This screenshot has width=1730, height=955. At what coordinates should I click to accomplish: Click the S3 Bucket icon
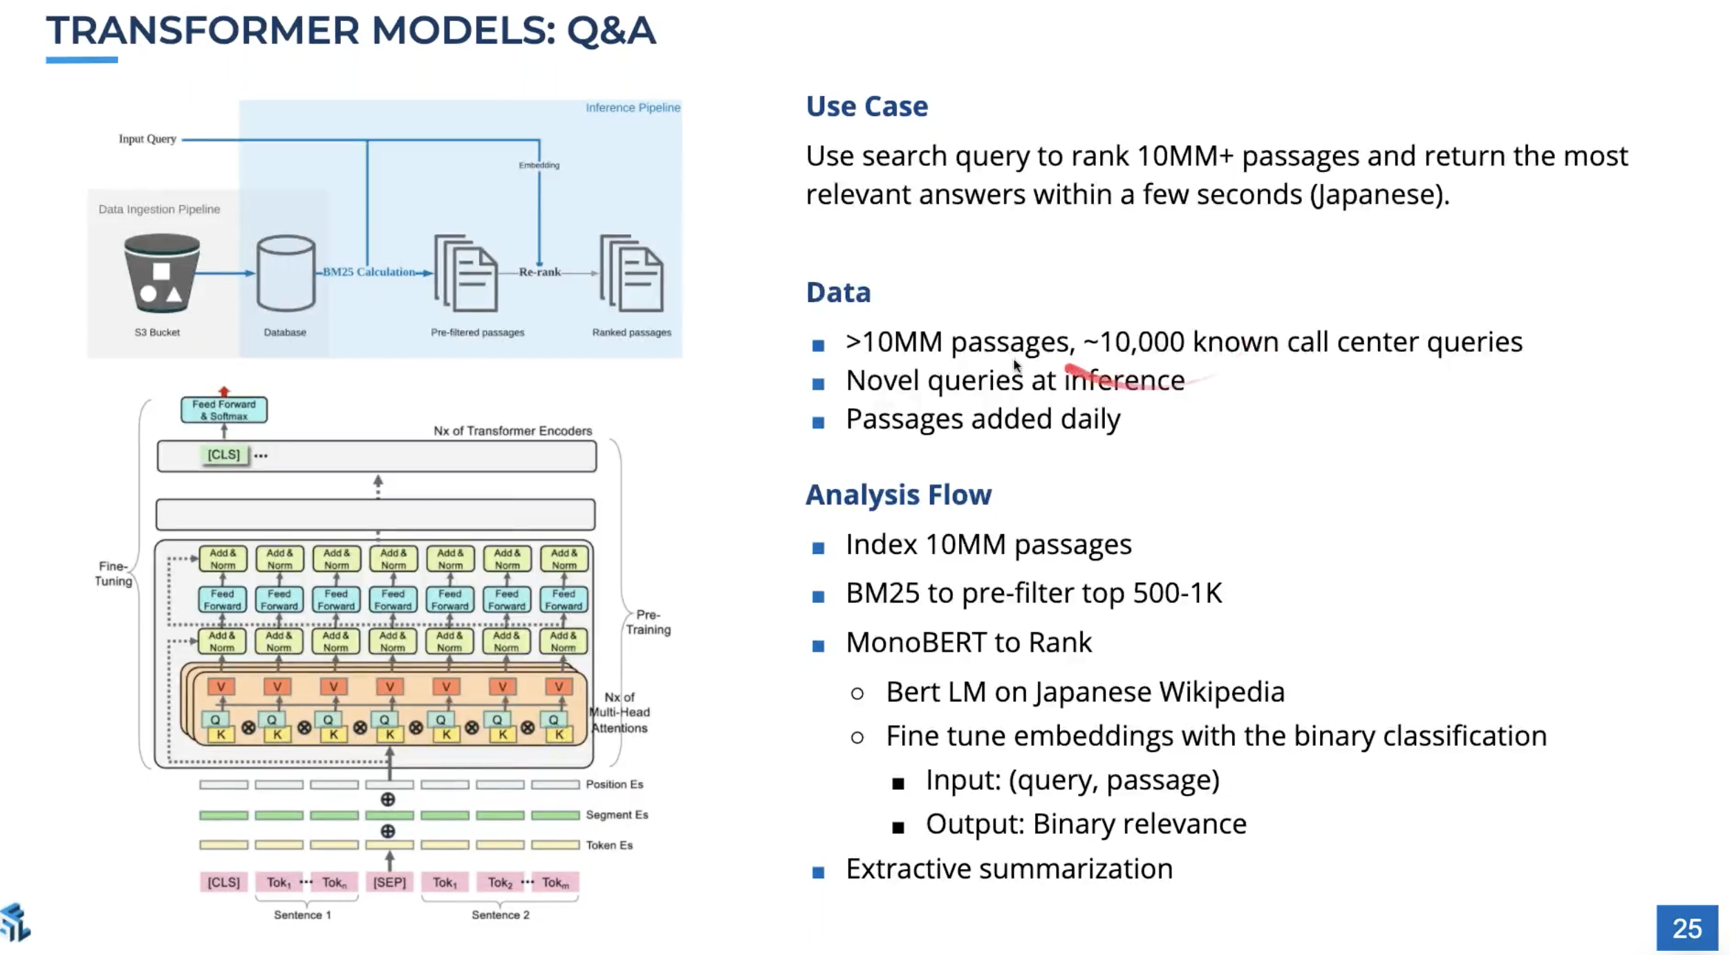click(162, 274)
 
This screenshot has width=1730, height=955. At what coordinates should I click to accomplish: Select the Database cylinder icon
click(286, 274)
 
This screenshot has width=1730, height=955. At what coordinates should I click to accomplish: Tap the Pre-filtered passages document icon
click(466, 274)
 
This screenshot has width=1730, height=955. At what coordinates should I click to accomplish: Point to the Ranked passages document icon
click(632, 274)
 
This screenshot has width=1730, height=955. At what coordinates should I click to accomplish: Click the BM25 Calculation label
click(369, 272)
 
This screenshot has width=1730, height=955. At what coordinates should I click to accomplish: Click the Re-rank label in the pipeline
click(539, 272)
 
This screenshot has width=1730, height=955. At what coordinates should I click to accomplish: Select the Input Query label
click(147, 139)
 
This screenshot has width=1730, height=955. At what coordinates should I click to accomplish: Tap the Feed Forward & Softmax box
click(223, 410)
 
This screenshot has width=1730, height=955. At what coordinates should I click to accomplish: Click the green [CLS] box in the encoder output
click(223, 455)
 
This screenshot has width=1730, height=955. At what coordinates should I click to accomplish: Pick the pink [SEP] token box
click(389, 882)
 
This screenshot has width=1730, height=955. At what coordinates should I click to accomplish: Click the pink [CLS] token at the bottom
click(223, 882)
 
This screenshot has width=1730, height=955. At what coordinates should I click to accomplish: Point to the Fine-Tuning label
click(113, 574)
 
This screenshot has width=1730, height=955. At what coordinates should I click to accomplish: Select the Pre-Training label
click(648, 622)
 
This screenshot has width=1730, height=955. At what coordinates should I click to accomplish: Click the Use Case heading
click(866, 106)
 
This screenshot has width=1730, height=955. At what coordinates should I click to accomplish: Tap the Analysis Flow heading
click(898, 495)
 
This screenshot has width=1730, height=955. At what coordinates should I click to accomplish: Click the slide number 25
click(1686, 928)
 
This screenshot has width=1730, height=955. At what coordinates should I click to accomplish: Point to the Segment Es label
click(617, 815)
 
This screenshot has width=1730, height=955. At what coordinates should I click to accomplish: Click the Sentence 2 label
click(500, 915)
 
